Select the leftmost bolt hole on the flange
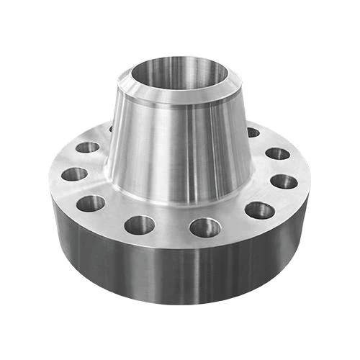[x=73, y=174]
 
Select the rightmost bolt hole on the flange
[x=284, y=181]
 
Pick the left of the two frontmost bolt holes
[x=140, y=225]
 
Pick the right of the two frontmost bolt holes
[x=205, y=228]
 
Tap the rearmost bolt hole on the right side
[x=253, y=132]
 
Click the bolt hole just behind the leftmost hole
[x=87, y=148]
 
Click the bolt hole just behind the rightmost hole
[x=277, y=153]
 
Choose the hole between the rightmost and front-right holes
[x=259, y=210]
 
